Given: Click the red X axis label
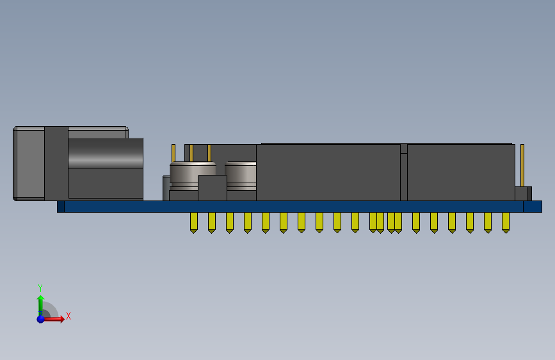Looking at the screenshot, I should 68,316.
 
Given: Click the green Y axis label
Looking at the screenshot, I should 40,288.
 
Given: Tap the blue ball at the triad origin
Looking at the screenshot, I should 41,318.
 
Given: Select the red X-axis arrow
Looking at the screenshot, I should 56,318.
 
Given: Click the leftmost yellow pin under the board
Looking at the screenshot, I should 193,222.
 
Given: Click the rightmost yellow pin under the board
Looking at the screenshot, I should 506,222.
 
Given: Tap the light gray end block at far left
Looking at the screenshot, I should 29,163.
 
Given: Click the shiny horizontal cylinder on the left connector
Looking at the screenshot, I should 105,153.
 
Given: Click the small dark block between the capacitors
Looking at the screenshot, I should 212,188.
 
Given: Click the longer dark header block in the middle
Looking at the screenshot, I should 328,172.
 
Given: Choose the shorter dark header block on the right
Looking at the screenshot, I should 461,172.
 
